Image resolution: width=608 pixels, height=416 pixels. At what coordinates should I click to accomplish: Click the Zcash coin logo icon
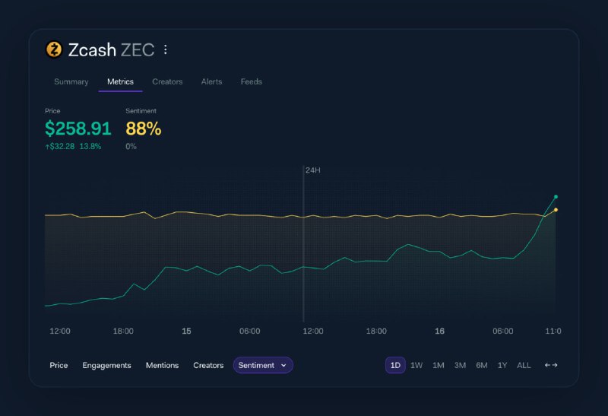click(54, 50)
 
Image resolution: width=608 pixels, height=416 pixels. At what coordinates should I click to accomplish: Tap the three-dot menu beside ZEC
click(166, 50)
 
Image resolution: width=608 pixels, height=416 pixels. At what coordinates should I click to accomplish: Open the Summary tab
click(71, 81)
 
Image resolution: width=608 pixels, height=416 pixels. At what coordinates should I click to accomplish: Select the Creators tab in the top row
click(167, 81)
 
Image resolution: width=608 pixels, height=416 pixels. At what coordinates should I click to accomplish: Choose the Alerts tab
click(211, 81)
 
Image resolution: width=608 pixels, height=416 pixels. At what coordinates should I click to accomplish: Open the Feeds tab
click(251, 81)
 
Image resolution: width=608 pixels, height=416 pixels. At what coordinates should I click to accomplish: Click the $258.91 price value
click(78, 129)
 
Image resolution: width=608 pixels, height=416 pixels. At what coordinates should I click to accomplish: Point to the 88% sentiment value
click(143, 129)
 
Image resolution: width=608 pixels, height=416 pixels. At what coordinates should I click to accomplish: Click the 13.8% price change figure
click(90, 146)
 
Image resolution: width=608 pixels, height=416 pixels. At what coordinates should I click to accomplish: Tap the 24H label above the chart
click(312, 170)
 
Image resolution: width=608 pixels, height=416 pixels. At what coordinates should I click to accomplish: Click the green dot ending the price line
click(556, 197)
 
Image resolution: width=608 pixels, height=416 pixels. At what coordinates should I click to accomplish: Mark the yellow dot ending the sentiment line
click(556, 210)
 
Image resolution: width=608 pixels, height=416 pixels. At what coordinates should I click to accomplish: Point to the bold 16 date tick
click(439, 332)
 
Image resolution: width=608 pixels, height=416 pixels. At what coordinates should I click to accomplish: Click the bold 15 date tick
click(186, 332)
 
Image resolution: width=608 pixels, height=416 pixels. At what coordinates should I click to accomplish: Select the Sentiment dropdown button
click(262, 365)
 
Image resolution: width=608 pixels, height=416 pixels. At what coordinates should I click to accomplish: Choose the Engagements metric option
click(106, 365)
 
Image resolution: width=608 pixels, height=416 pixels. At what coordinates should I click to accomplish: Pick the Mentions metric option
click(162, 365)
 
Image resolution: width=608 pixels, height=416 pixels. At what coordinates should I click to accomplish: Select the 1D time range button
click(395, 365)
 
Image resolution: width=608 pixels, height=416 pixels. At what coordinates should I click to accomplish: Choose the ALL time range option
click(524, 365)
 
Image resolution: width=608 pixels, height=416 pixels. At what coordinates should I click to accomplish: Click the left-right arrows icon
click(551, 365)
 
